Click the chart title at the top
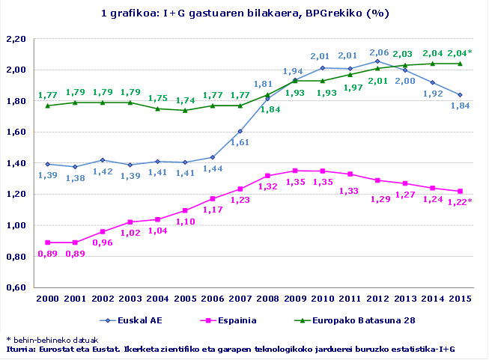coord(245,13)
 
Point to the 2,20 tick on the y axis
coord(16,39)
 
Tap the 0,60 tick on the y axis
coord(16,287)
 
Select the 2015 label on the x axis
coord(459,299)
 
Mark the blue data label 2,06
coord(379,53)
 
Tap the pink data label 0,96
coord(102,242)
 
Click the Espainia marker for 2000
coord(49,242)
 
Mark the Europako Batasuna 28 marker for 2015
coord(459,64)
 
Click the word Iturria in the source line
coord(20,349)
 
